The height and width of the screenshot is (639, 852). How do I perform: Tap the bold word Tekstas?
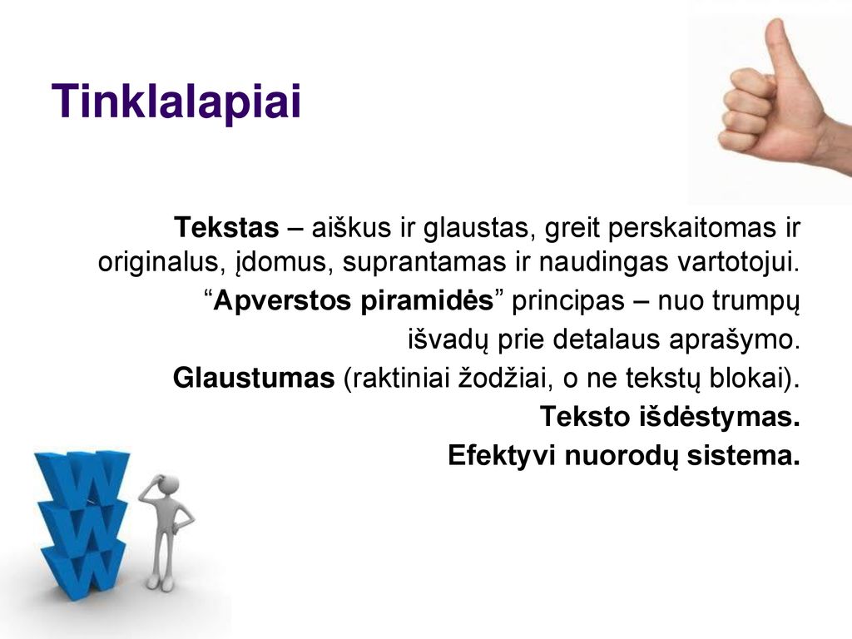226,227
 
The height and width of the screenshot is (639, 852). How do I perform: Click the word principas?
567,301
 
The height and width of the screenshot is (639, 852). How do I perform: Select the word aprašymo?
735,339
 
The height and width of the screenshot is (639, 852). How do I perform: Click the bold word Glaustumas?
254,378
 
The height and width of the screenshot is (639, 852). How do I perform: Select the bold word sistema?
743,455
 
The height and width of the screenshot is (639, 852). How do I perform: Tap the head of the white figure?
167,486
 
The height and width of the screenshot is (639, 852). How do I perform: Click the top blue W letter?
82,478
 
